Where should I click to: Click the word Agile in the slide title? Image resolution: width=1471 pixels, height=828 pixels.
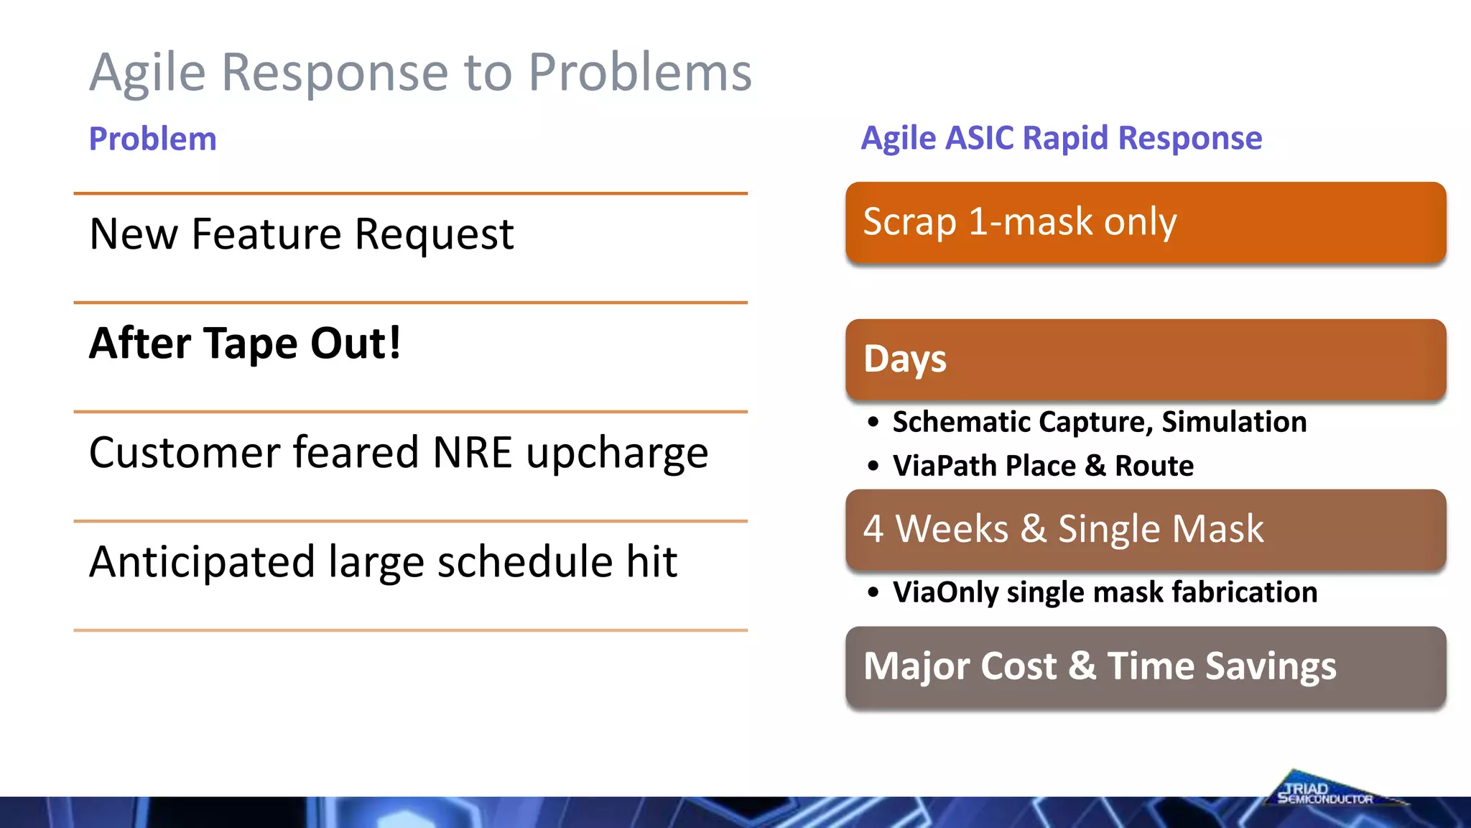click(x=147, y=73)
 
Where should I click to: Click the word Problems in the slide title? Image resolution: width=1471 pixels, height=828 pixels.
click(x=639, y=73)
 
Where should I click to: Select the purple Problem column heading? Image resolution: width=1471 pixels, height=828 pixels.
click(x=152, y=139)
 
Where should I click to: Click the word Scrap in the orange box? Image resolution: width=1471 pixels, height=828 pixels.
click(x=909, y=221)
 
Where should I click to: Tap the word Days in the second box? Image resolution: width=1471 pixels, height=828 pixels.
click(x=904, y=359)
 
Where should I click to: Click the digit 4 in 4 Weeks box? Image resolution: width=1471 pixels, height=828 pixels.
click(x=873, y=529)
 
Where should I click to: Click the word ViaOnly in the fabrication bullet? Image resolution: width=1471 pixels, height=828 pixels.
click(x=945, y=592)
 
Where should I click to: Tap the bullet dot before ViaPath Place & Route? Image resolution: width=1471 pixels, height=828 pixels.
click(x=873, y=466)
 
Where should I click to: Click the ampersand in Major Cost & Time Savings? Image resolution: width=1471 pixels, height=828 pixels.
click(x=1082, y=666)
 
